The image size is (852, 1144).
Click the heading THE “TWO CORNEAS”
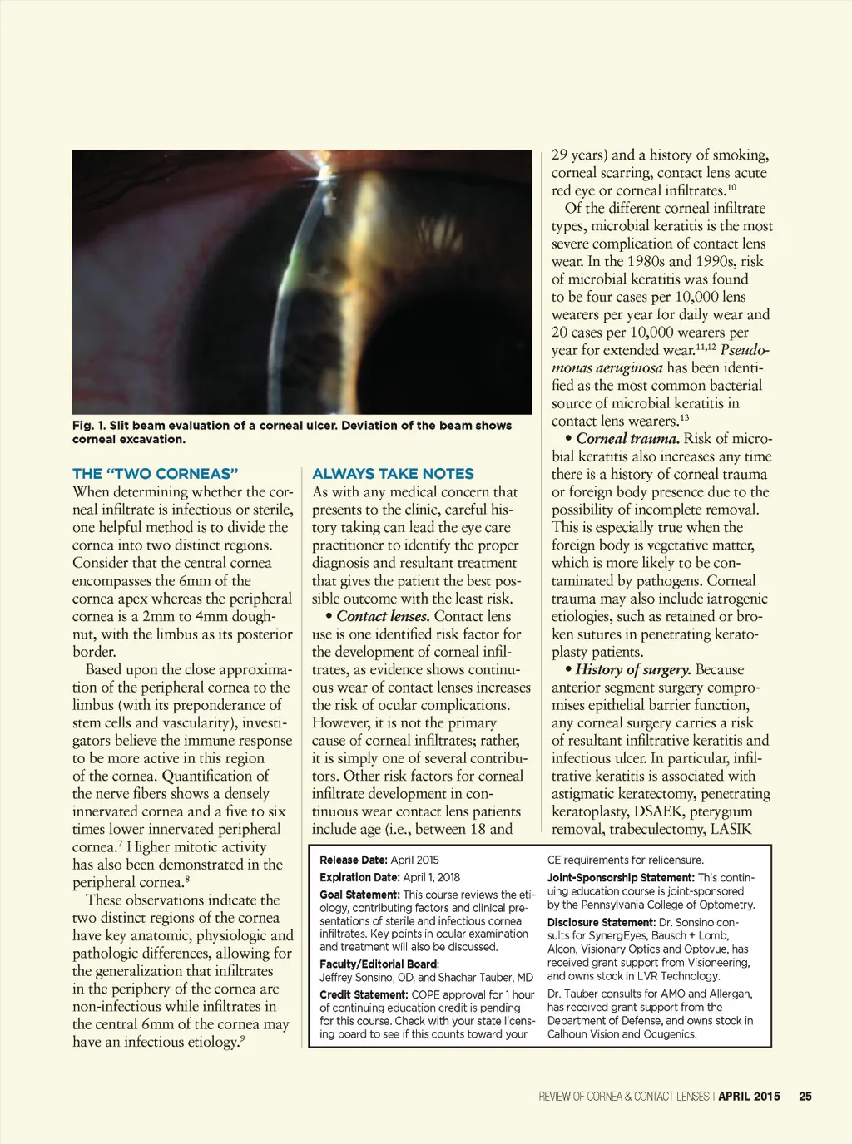click(x=156, y=474)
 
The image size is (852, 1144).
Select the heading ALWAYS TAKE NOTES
click(x=393, y=474)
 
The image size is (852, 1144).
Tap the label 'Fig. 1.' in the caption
click(x=89, y=426)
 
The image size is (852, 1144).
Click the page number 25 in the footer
click(x=805, y=1097)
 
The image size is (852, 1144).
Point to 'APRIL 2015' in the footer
click(x=749, y=1097)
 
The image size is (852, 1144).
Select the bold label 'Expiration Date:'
click(x=359, y=877)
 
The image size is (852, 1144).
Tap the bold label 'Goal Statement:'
click(x=359, y=895)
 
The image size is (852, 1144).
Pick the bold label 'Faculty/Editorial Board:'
click(x=379, y=964)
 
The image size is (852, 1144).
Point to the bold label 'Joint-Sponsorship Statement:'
click(x=621, y=878)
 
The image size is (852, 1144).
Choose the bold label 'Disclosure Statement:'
click(x=601, y=922)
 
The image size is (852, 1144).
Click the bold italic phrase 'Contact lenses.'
click(x=383, y=616)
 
